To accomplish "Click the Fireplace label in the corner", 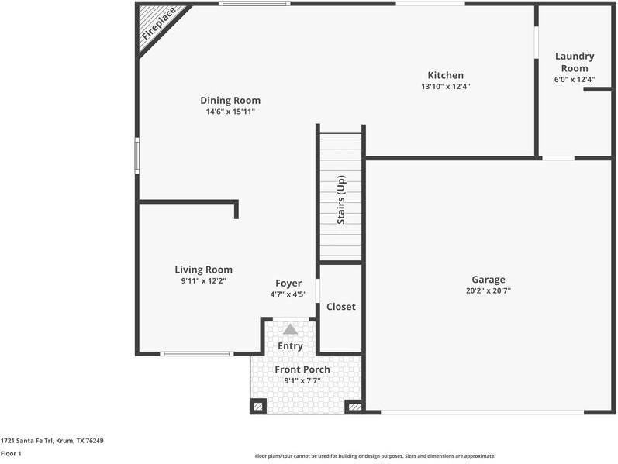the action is [x=159, y=24].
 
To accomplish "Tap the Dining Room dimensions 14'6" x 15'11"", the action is [x=230, y=112].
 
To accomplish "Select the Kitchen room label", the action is [x=446, y=75].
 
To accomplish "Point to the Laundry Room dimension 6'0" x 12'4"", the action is [x=575, y=80].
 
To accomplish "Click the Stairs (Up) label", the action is [x=341, y=200].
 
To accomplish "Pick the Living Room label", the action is [x=204, y=270].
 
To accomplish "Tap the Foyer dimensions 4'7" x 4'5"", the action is [x=288, y=294].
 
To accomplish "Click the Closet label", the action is [x=341, y=307].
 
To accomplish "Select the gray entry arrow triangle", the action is [x=291, y=329].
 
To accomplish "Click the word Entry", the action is [x=291, y=345].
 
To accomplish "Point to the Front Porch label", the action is [x=302, y=369].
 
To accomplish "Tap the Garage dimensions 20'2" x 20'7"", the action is [x=489, y=291].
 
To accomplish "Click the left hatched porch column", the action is [x=258, y=406].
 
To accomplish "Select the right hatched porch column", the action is [x=355, y=407].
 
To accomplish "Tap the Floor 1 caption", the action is [x=11, y=454].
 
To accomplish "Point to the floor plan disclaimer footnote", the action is [x=375, y=456].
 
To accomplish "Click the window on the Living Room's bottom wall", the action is [x=197, y=354].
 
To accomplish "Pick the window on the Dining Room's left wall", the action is [x=137, y=155].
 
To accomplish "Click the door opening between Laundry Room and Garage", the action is [x=558, y=158].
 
